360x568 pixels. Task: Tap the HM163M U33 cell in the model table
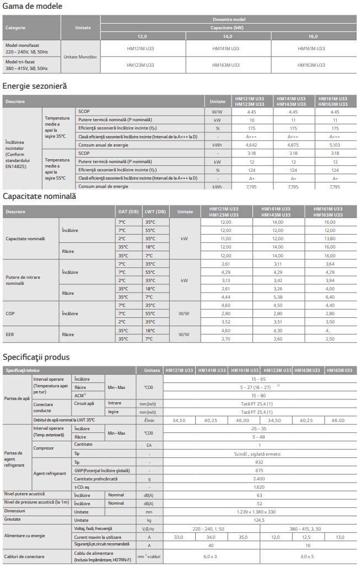[313, 65]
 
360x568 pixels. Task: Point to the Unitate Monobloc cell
[80, 57]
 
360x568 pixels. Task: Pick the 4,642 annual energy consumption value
[252, 144]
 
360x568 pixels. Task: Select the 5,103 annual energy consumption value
[335, 144]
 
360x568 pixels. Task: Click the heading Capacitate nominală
[39, 197]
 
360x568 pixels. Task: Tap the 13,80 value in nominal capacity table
[330, 239]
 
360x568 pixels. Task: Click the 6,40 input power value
[330, 297]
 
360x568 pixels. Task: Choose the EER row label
[10, 334]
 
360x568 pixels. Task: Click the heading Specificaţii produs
[36, 357]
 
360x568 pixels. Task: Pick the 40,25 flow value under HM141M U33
[211, 420]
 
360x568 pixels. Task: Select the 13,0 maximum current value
[340, 537]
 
